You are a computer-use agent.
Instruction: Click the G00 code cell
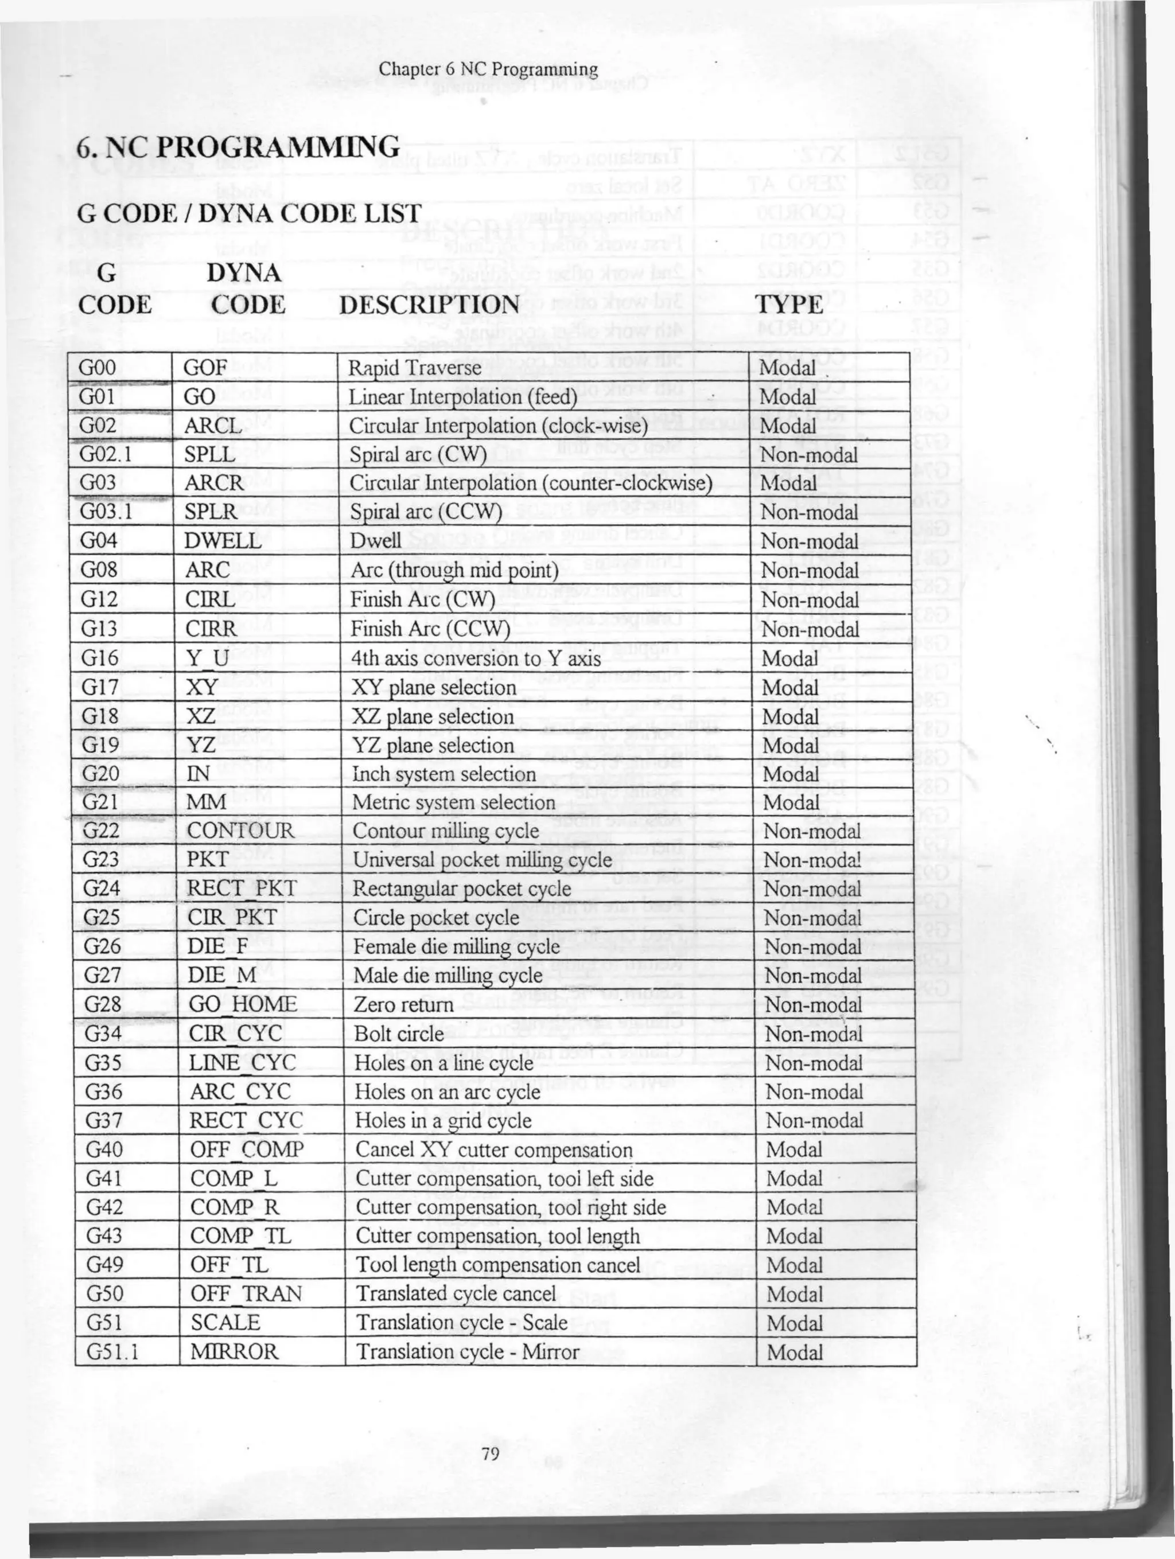[x=98, y=368]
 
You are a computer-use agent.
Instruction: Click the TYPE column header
[x=789, y=305]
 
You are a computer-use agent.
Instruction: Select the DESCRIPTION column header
[x=429, y=305]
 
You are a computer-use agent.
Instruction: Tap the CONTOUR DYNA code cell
[x=240, y=831]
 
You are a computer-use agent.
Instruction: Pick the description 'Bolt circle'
[x=399, y=1034]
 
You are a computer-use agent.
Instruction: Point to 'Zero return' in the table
[x=403, y=1004]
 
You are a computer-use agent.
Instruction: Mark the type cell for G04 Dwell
[x=809, y=541]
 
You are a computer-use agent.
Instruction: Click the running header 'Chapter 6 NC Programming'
[x=488, y=70]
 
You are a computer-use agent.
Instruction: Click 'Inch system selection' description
[x=444, y=774]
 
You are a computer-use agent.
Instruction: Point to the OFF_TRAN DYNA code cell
[x=246, y=1294]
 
